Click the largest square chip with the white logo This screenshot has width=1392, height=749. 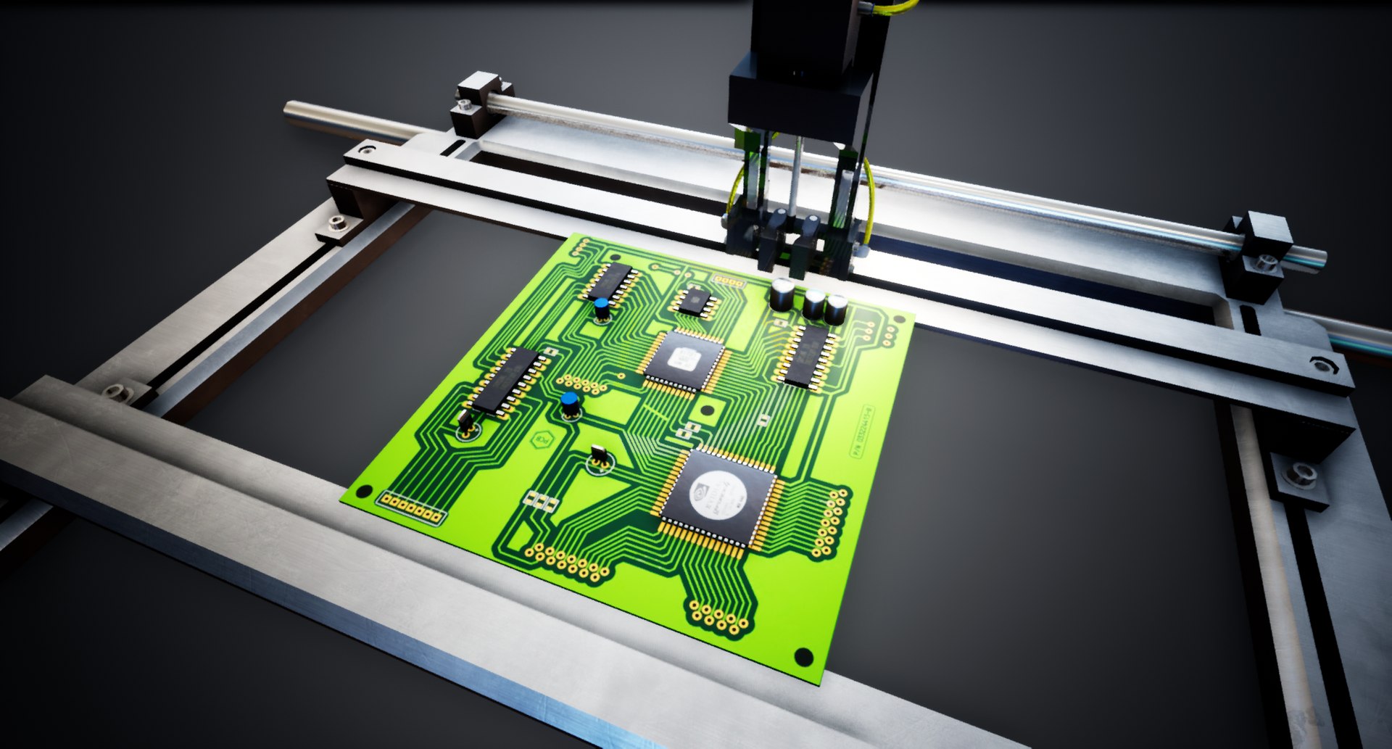pos(718,496)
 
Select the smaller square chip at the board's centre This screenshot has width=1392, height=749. pos(683,360)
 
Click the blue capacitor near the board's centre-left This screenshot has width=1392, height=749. pos(571,404)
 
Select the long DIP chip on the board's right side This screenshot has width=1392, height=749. pos(806,355)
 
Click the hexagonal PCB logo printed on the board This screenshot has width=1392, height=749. pos(541,440)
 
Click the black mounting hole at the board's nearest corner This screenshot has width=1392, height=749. pos(803,657)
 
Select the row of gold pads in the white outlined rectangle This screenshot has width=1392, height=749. pos(412,508)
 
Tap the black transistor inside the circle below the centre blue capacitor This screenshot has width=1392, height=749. pos(600,456)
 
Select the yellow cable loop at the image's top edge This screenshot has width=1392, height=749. pos(896,7)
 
